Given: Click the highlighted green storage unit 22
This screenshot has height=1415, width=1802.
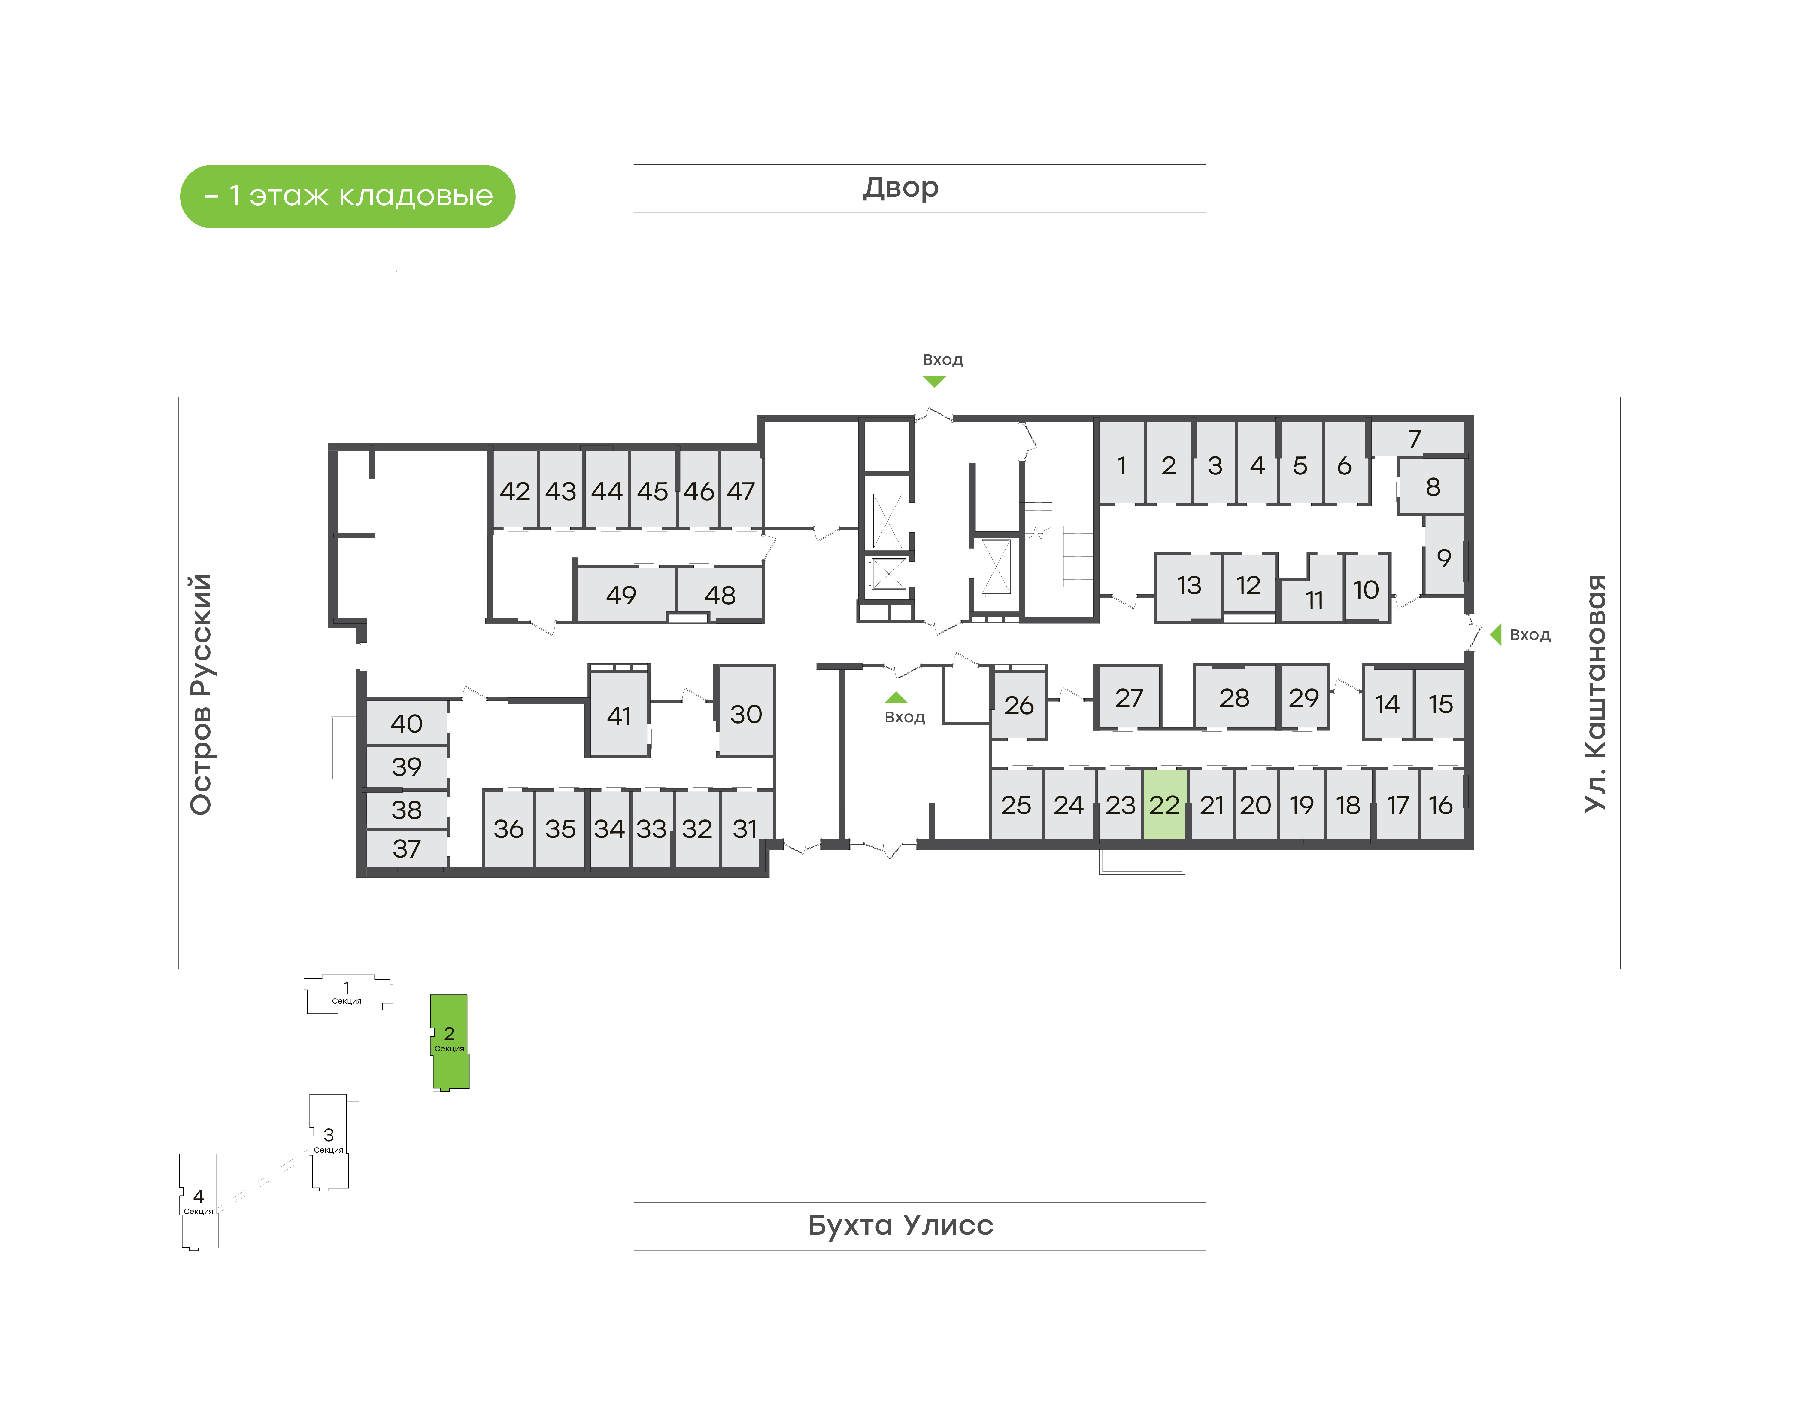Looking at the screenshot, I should pyautogui.click(x=1164, y=804).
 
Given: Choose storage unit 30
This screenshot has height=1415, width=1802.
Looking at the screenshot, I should pyautogui.click(x=745, y=712).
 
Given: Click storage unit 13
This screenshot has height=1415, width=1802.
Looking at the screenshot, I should pyautogui.click(x=1188, y=586).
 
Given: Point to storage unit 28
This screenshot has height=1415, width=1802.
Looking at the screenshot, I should pyautogui.click(x=1234, y=697).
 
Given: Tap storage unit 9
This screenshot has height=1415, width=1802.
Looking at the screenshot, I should pyautogui.click(x=1443, y=557).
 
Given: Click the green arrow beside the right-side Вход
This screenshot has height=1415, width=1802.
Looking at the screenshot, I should pyautogui.click(x=1496, y=635).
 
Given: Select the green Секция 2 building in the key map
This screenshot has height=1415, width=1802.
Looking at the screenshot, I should pyautogui.click(x=450, y=1041).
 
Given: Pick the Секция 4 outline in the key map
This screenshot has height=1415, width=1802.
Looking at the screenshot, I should pyautogui.click(x=199, y=1201).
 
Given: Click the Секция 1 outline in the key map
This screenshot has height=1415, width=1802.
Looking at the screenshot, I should pyautogui.click(x=347, y=993).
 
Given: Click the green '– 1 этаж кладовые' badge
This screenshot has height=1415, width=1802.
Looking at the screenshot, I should pyautogui.click(x=348, y=196).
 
